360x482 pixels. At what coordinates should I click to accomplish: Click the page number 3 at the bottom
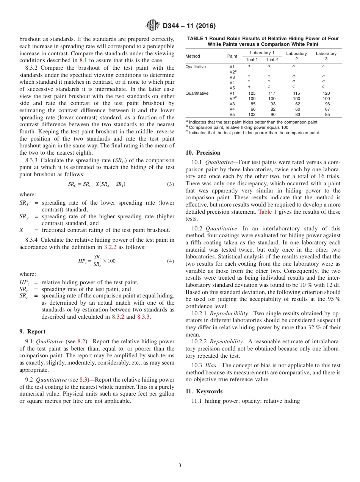[180, 465]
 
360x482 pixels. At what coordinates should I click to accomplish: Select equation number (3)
[170, 184]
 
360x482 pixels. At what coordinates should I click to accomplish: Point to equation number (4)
[170, 261]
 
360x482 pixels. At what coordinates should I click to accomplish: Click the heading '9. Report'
[32, 332]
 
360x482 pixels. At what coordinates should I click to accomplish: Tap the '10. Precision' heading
[203, 153]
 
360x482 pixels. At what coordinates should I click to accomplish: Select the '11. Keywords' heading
[204, 391]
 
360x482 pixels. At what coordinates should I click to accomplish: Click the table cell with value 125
[252, 93]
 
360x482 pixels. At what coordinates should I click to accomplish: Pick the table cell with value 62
[297, 104]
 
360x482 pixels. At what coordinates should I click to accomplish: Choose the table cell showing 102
[252, 114]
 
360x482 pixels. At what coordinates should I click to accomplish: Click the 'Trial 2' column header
[272, 59]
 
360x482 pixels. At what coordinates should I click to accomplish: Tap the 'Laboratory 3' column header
[326, 56]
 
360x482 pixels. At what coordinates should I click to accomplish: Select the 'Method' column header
[193, 56]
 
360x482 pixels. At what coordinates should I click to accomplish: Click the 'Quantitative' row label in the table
[197, 93]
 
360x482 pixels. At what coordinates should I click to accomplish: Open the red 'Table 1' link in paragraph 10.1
[267, 212]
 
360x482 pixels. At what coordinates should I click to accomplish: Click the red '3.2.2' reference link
[110, 247]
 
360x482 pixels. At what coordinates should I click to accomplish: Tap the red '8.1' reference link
[83, 60]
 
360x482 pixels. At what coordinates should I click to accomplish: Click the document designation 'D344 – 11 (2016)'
[189, 26]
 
